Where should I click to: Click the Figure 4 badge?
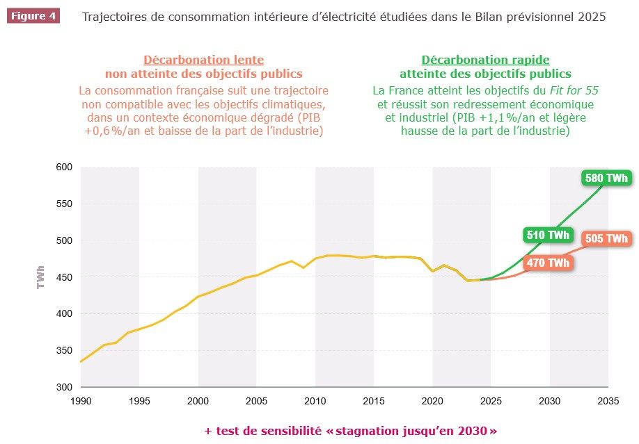(33, 16)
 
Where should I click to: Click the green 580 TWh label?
(606, 178)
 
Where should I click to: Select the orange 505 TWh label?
(606, 239)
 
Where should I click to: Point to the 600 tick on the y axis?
(64, 167)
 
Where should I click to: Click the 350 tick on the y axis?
(64, 350)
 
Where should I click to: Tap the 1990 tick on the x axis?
(81, 401)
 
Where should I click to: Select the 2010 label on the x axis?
(315, 401)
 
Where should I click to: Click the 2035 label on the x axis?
(608, 401)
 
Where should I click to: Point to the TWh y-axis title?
(40, 277)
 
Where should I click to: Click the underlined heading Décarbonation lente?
(203, 60)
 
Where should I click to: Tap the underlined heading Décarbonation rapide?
(485, 60)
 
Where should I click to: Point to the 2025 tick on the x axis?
(491, 401)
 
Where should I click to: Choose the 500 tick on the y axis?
(64, 240)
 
